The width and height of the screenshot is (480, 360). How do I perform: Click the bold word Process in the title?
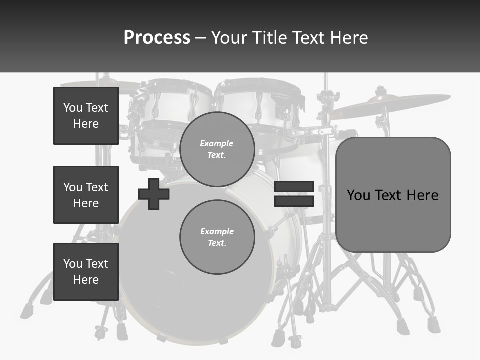click(157, 38)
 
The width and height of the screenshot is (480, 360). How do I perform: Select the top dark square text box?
click(86, 116)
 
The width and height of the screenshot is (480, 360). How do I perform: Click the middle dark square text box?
click(86, 195)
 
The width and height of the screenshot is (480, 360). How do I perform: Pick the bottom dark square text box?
click(86, 272)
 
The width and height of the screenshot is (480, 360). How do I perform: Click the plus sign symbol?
click(154, 194)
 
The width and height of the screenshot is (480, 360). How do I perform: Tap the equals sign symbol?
click(294, 194)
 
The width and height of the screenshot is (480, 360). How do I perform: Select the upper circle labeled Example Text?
click(217, 149)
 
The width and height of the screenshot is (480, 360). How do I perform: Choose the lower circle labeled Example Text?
click(217, 237)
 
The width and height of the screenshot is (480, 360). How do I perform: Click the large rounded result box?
click(393, 195)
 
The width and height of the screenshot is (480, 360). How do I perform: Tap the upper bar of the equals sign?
click(294, 186)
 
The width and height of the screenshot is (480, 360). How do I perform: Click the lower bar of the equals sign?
click(294, 201)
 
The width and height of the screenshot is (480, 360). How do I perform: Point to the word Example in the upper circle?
click(216, 143)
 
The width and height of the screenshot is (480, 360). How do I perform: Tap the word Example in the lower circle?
click(217, 231)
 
